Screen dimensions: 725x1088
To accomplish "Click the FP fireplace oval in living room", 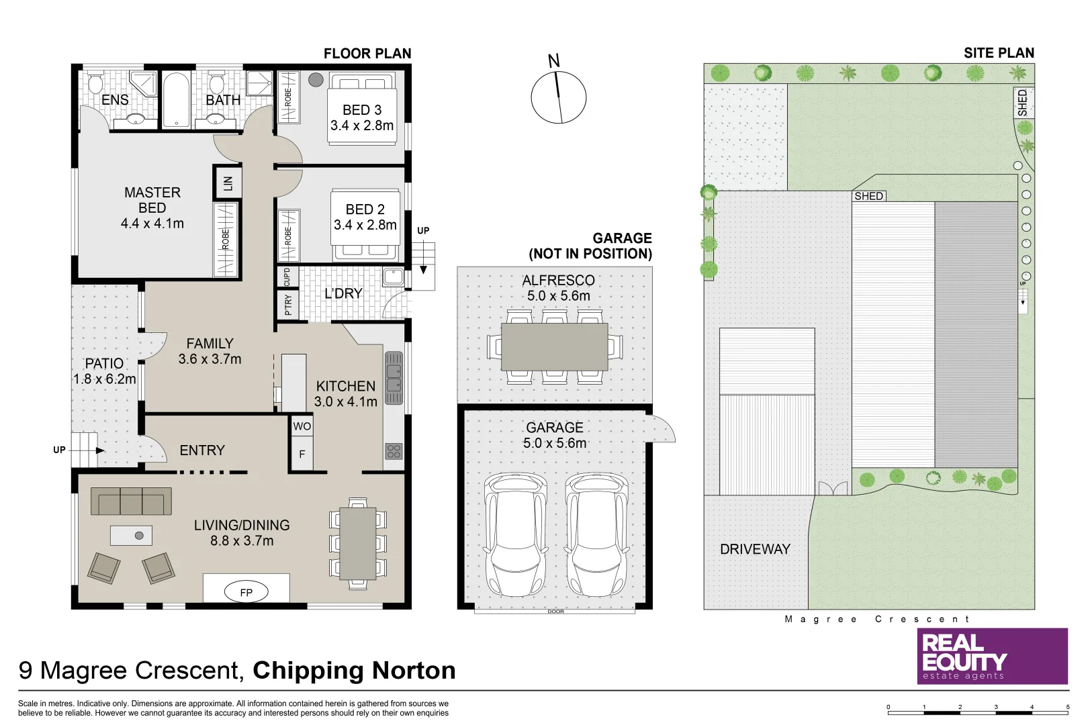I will (246, 592).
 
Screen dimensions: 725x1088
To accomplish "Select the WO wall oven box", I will (302, 426).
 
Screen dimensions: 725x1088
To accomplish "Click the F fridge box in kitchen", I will (302, 454).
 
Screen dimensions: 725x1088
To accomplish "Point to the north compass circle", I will (558, 97).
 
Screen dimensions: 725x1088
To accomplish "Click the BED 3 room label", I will (361, 109).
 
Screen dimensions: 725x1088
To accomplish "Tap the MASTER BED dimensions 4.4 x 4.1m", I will (152, 224).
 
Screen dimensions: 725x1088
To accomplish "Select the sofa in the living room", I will (131, 501).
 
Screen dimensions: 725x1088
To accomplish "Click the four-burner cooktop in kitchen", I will (394, 451).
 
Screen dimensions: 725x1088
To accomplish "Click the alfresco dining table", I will (554, 346).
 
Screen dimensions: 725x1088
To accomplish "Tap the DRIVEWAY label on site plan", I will (755, 549).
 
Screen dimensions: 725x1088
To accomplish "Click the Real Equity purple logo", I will (992, 656).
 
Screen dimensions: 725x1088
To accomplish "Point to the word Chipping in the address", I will (308, 671).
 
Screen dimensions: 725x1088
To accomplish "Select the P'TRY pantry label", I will (288, 304).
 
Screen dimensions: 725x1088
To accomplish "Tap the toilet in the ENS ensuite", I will (95, 85).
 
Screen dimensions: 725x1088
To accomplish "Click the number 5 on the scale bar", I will (1067, 707).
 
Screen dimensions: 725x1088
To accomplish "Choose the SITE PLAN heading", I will (998, 53).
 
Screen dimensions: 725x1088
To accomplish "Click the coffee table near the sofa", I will (131, 535).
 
